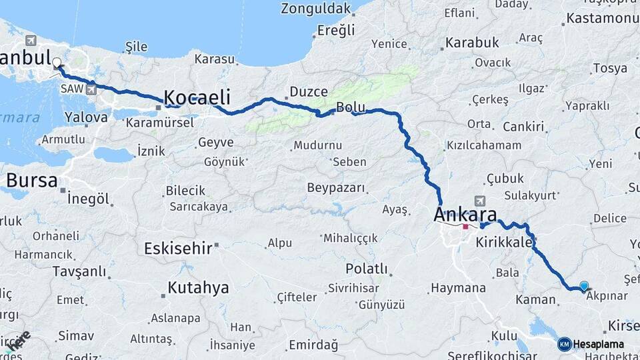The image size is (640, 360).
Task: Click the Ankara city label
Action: click(x=465, y=215)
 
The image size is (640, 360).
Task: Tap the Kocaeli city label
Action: click(x=197, y=97)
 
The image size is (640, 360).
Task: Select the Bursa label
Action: click(x=31, y=181)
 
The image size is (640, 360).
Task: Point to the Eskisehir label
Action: click(x=178, y=249)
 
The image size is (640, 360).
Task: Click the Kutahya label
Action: click(x=198, y=288)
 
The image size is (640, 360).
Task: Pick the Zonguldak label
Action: click(x=315, y=9)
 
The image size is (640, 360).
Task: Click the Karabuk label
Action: click(x=472, y=43)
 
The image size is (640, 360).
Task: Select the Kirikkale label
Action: click(x=504, y=243)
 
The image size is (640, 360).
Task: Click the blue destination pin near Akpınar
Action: click(x=584, y=286)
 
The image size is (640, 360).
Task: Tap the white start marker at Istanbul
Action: click(x=57, y=63)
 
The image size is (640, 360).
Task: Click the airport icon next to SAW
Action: click(x=91, y=88)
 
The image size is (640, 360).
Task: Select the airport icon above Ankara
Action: click(x=479, y=200)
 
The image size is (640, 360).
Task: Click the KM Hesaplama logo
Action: click(x=591, y=344)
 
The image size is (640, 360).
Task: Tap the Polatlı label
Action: click(x=366, y=269)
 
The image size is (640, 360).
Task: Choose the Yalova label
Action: click(x=86, y=117)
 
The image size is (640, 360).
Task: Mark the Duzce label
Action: click(x=309, y=92)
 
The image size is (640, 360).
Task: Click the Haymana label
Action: click(x=458, y=288)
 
